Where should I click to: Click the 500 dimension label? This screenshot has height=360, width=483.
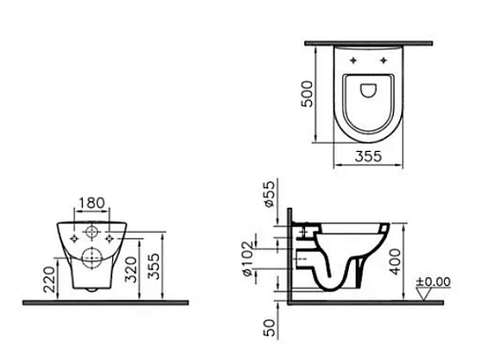(x=307, y=94)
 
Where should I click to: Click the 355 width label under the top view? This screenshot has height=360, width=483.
(x=369, y=157)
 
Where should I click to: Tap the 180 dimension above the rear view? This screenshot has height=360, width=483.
(x=91, y=203)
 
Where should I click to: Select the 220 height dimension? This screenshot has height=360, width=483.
(x=49, y=279)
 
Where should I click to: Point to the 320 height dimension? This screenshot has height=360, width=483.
(x=130, y=269)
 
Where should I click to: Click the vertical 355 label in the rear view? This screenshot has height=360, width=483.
(x=154, y=266)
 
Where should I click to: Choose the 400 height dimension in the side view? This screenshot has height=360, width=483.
(x=396, y=261)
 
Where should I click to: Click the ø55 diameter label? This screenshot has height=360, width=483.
(x=269, y=194)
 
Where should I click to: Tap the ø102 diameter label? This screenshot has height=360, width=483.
(x=248, y=258)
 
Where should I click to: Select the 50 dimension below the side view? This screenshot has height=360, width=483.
(x=269, y=328)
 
